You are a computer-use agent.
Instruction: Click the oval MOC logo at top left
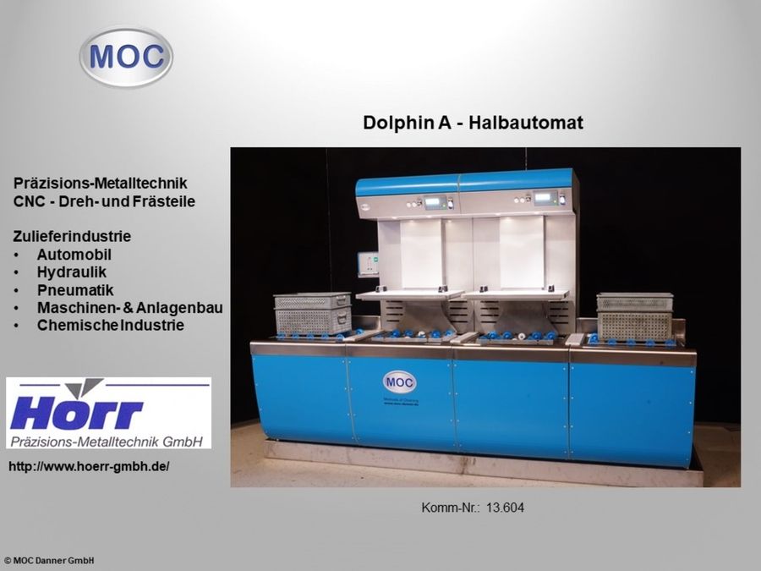click(x=126, y=57)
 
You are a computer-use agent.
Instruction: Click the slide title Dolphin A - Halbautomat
click(x=473, y=124)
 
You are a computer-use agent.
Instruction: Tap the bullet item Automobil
click(x=74, y=254)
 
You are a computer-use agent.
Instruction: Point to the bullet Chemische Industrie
click(x=110, y=325)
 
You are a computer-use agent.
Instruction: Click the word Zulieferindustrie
click(x=72, y=235)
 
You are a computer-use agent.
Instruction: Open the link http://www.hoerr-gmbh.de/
click(x=89, y=466)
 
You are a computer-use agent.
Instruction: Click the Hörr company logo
click(x=108, y=413)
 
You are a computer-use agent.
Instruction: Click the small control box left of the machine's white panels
click(x=367, y=264)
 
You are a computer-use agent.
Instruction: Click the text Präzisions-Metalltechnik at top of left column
click(x=100, y=183)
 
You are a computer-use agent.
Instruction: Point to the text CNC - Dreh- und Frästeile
click(x=104, y=200)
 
